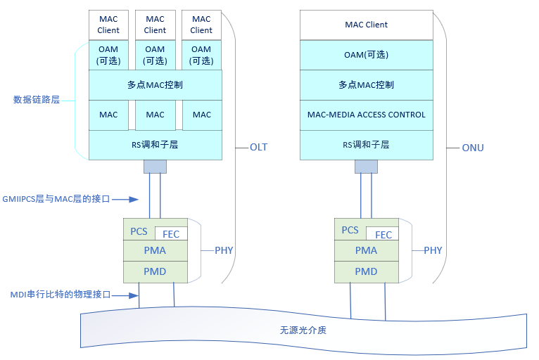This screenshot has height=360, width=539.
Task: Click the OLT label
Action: pyautogui.click(x=258, y=148)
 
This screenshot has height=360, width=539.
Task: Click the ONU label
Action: pyautogui.click(x=473, y=148)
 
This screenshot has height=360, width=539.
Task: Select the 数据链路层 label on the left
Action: pyautogui.click(x=37, y=100)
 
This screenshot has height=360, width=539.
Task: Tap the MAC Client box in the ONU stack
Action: pyautogui.click(x=366, y=25)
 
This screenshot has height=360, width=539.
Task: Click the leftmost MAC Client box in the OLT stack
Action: pyautogui.click(x=108, y=25)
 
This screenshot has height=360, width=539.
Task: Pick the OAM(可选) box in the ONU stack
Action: pyautogui.click(x=366, y=55)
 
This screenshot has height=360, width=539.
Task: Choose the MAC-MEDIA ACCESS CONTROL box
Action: pyautogui.click(x=366, y=115)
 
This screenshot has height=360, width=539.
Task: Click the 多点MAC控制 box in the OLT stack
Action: pyautogui.click(x=155, y=84)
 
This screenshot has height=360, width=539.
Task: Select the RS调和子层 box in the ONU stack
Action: pyautogui.click(x=366, y=145)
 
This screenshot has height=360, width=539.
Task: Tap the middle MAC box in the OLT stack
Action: pyautogui.click(x=155, y=115)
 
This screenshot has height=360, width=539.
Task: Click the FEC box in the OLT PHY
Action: pyautogui.click(x=171, y=234)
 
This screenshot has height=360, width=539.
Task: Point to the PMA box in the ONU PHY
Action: pyautogui.click(x=366, y=250)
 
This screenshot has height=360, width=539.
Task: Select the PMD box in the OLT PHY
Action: pyautogui.click(x=156, y=271)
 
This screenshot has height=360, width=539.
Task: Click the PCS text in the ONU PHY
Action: pyautogui.click(x=350, y=230)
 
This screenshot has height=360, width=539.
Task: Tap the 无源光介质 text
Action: pyautogui.click(x=303, y=330)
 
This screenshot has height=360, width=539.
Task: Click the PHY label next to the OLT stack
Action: pyautogui.click(x=224, y=250)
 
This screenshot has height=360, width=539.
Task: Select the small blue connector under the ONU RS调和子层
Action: pyautogui.click(x=366, y=166)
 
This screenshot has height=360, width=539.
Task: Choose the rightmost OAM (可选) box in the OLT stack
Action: pyautogui.click(x=201, y=55)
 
